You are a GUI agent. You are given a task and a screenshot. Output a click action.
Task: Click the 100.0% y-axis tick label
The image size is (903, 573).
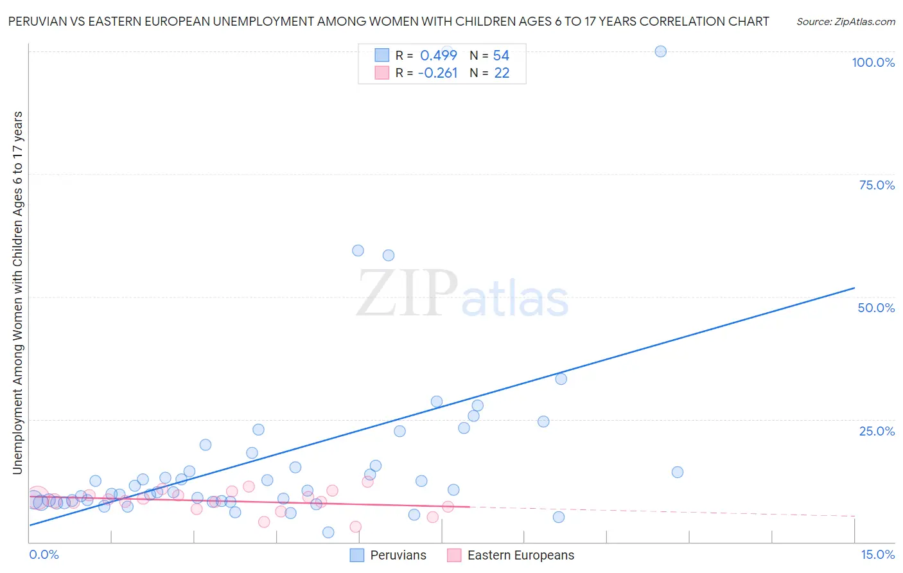pyautogui.click(x=873, y=62)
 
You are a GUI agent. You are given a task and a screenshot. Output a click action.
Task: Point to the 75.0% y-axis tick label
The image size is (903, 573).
pyautogui.click(x=877, y=185)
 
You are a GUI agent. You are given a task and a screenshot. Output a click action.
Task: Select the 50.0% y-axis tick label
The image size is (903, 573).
pyautogui.click(x=876, y=308)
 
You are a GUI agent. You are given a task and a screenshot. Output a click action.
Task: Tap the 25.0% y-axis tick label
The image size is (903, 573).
pyautogui.click(x=877, y=431)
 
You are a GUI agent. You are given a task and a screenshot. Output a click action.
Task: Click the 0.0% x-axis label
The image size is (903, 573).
pyautogui.click(x=44, y=554)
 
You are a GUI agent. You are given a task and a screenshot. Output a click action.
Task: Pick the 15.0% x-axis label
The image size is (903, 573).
pyautogui.click(x=877, y=554)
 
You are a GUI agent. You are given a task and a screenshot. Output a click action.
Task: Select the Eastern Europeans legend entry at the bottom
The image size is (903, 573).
pyautogui.click(x=511, y=555)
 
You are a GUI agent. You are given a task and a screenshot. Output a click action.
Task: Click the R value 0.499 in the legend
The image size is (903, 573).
pyautogui.click(x=439, y=56)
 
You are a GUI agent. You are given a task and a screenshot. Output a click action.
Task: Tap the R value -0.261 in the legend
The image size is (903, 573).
pyautogui.click(x=437, y=73)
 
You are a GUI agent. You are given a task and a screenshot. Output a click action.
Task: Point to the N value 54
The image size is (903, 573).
pyautogui.click(x=501, y=56)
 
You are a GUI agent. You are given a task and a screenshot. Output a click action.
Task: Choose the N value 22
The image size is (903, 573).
pyautogui.click(x=502, y=73)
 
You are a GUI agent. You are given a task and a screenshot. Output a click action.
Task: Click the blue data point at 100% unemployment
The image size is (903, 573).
pyautogui.click(x=660, y=51)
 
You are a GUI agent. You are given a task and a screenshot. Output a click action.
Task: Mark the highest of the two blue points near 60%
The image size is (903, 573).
pyautogui.click(x=358, y=251)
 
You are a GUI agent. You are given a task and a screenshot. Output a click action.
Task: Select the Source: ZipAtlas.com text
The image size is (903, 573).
pyautogui.click(x=845, y=22)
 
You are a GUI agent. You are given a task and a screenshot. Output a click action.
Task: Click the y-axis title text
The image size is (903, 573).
pyautogui.click(x=17, y=292)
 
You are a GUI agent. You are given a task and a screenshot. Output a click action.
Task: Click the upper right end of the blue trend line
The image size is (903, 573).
pyautogui.click(x=854, y=288)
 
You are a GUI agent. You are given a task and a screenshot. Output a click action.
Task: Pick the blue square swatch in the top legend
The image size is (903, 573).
pyautogui.click(x=382, y=55)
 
